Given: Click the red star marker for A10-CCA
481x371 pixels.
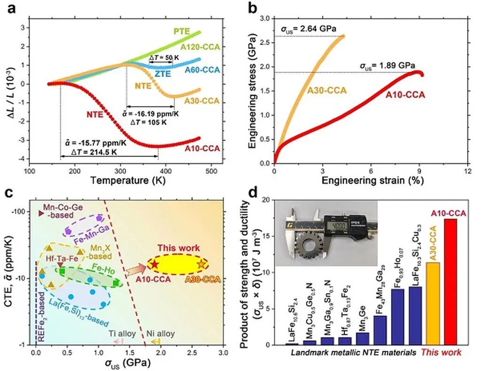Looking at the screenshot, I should click(155, 265).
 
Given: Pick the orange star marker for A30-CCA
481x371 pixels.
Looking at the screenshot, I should click(202, 265).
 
